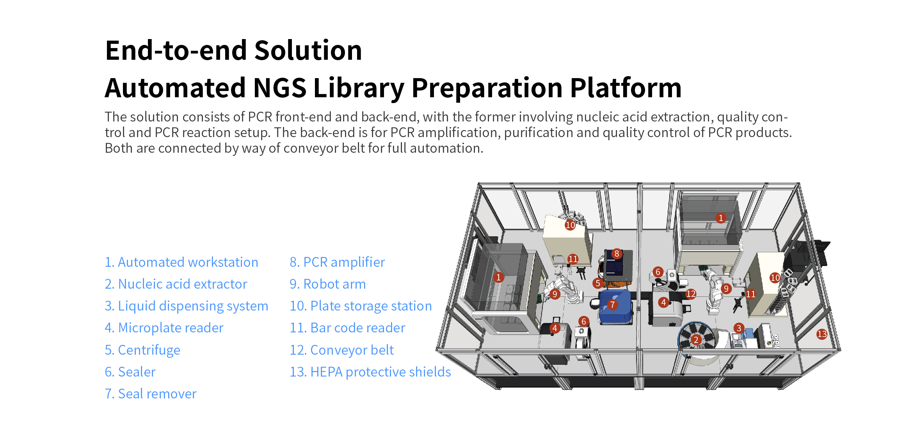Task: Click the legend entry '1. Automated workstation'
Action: point(181,262)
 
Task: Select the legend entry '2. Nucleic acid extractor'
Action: point(176,284)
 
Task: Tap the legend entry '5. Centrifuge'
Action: point(142,350)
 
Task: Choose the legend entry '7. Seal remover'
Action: point(151,394)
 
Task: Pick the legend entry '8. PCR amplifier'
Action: point(337,262)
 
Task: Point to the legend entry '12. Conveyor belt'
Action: point(341,350)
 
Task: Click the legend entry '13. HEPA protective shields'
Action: point(370,372)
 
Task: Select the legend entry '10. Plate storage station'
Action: point(361,306)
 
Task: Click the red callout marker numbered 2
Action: point(696,340)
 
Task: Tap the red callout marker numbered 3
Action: point(739,328)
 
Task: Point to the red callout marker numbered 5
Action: point(597,283)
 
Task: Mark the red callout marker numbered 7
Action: point(613,305)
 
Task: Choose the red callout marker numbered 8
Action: point(617,253)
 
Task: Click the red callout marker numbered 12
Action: point(691,294)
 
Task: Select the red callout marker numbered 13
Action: point(822,334)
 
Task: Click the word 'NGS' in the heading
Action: point(280,87)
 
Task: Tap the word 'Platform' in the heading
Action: point(626,87)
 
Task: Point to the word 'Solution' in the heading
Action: point(308,50)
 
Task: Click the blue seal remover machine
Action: point(615,307)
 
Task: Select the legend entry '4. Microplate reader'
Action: point(164,328)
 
